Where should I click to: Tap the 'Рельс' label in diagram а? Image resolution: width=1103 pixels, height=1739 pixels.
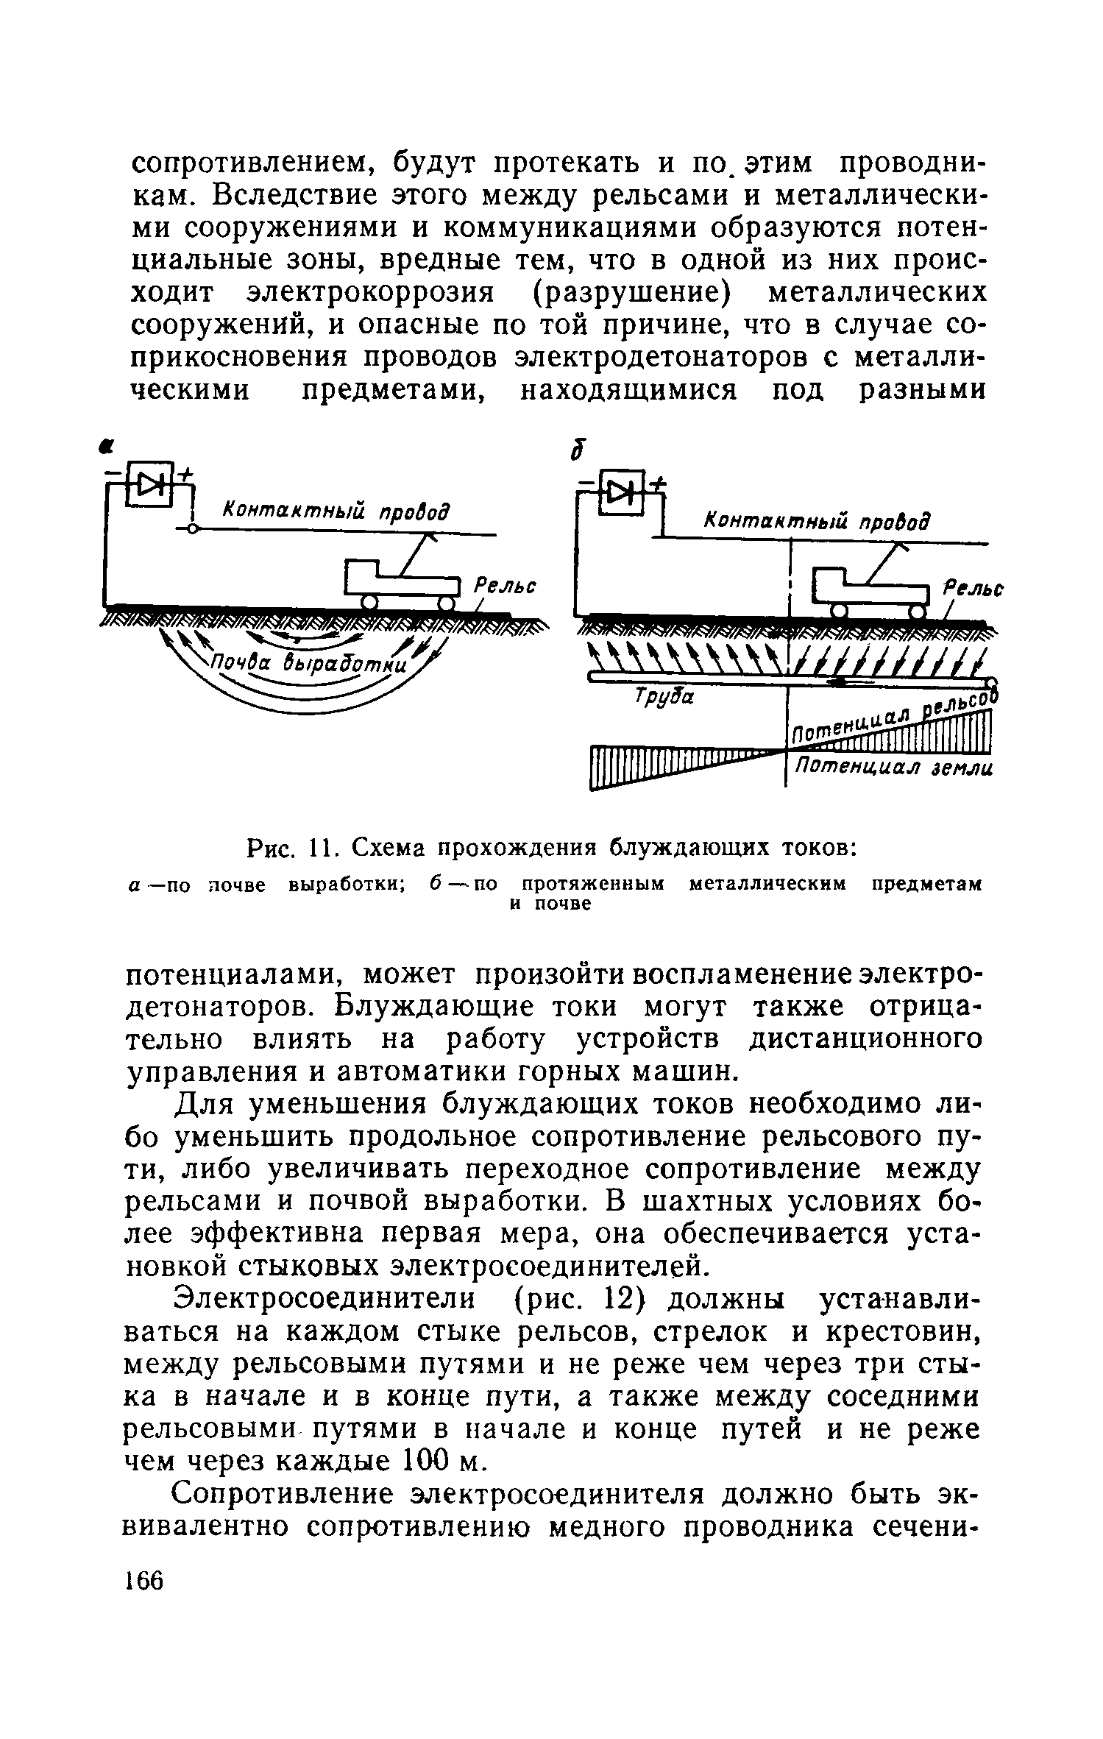tap(504, 587)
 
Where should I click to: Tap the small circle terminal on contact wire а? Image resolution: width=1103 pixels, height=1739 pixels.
tap(191, 530)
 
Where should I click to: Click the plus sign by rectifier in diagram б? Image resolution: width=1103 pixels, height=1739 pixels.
tap(657, 482)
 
